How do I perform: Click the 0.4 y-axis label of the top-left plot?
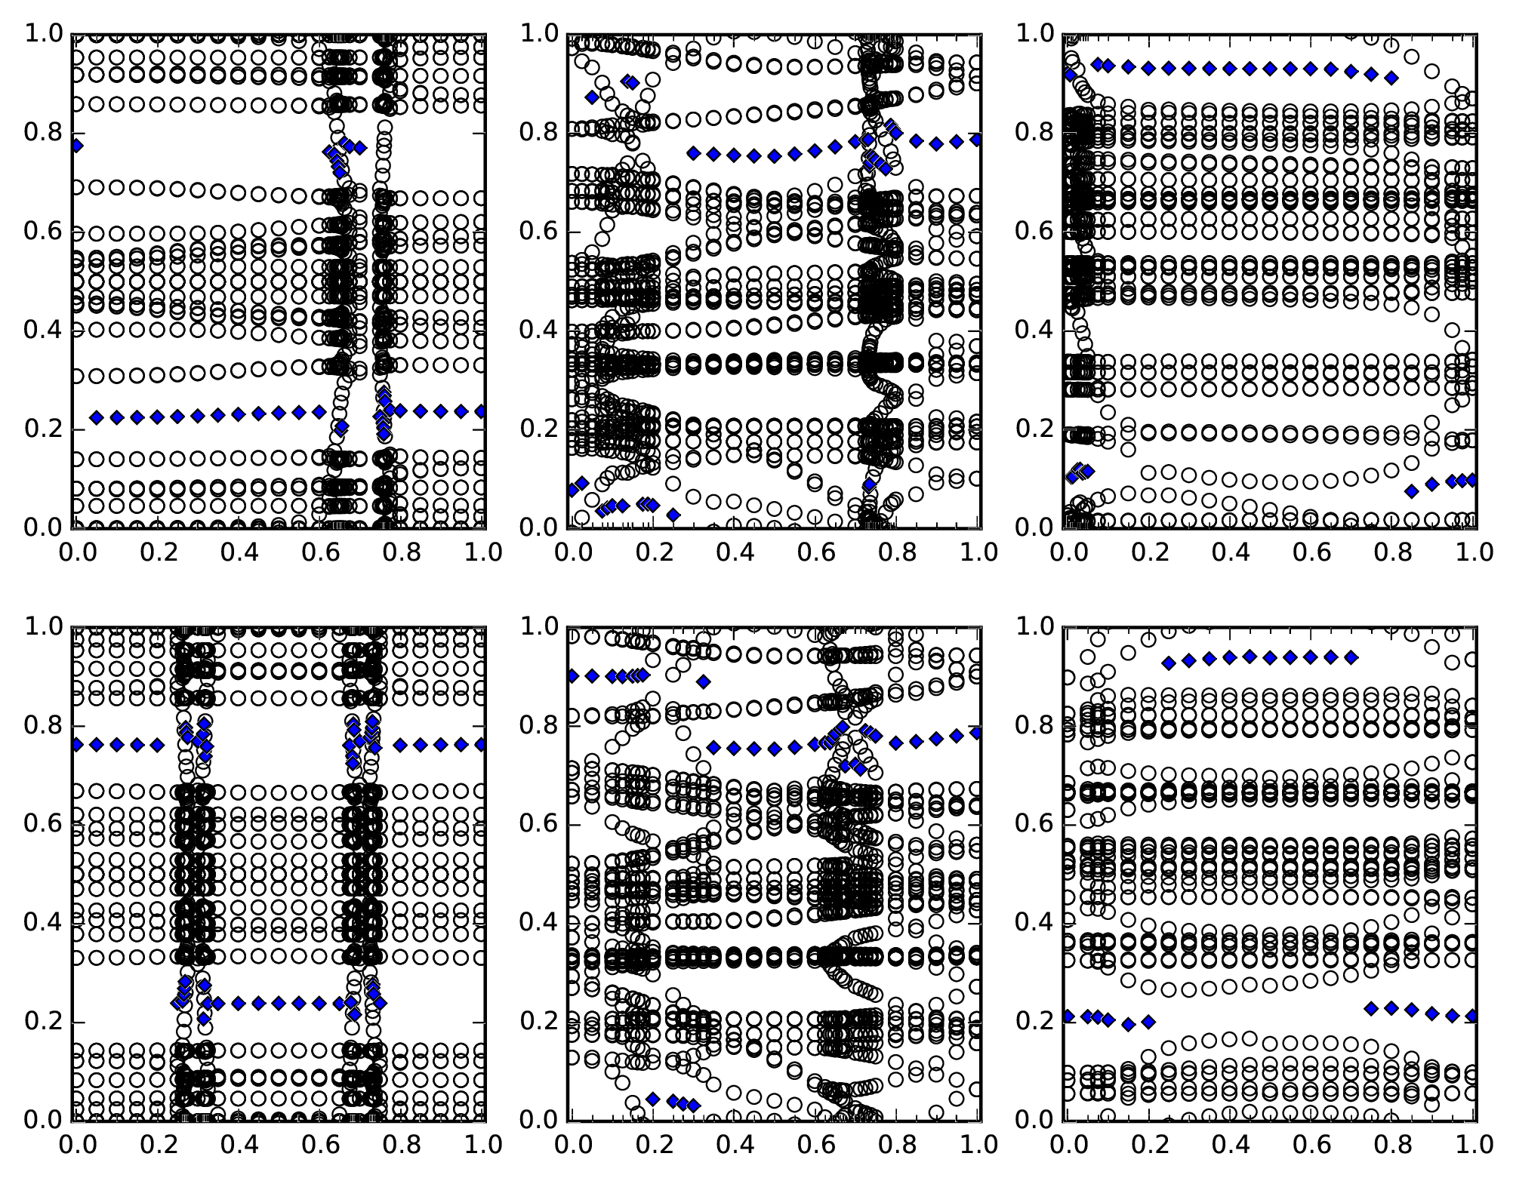pos(43,330)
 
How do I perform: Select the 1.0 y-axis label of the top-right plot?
pos(1035,33)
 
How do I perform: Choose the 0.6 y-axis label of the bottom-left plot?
pos(43,823)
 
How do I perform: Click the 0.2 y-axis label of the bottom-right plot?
pos(1035,1021)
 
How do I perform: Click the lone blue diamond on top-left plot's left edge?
pos(75,146)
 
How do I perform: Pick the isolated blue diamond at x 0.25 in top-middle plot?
pos(673,515)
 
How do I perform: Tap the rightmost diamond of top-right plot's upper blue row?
pos(1391,78)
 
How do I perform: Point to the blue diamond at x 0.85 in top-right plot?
pos(1411,491)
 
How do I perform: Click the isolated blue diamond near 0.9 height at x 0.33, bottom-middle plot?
pos(704,681)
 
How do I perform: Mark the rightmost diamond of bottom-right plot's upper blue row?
pos(1351,657)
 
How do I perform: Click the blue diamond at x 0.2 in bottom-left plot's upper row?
pos(157,745)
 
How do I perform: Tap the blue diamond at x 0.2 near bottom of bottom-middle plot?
pos(653,1099)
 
